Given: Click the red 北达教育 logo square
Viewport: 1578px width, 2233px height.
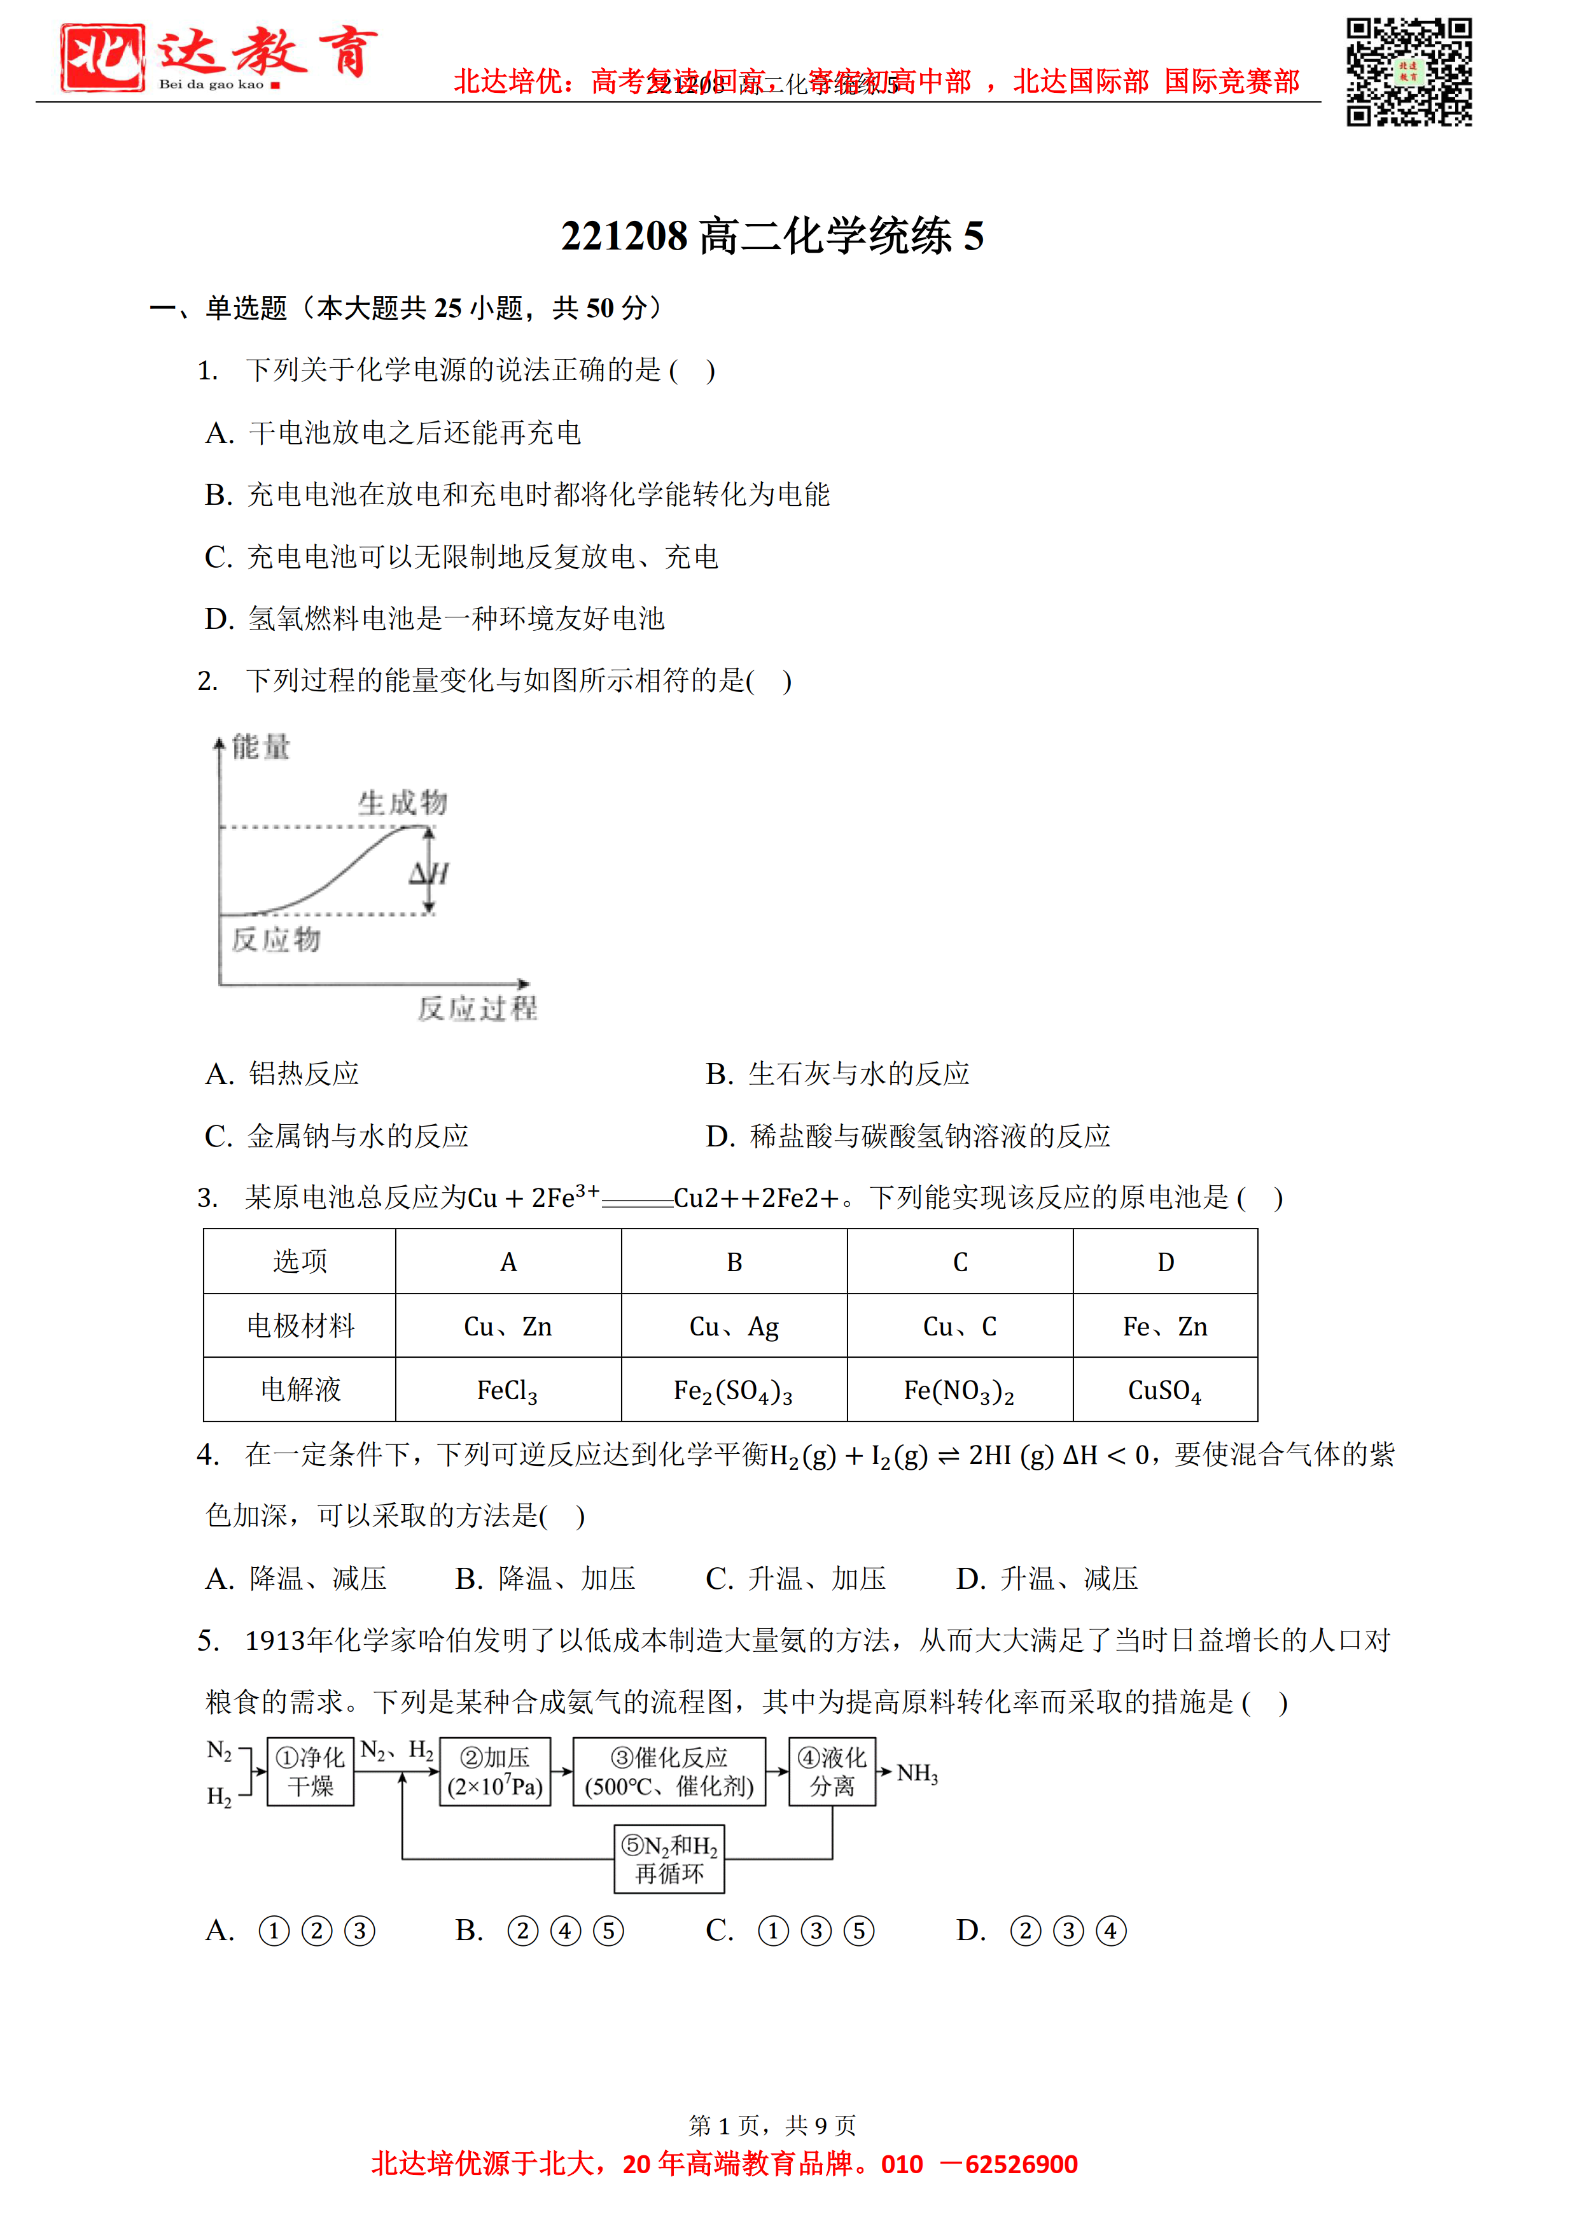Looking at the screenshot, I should (102, 59).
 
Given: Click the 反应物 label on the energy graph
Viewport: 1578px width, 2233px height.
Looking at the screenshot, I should (276, 940).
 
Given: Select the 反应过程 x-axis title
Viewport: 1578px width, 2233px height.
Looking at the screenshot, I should (477, 1008).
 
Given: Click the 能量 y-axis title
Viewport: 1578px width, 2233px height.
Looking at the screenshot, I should (261, 747).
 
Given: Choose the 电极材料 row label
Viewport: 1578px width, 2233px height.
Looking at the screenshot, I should (300, 1327).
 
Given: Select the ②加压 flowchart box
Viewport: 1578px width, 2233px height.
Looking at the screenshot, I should (495, 1772).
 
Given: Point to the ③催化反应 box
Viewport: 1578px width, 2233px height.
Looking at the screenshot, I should (669, 1772).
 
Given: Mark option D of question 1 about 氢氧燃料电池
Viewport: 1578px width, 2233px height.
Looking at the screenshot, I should (435, 619).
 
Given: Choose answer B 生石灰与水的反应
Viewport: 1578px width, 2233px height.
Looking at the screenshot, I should (837, 1074).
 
